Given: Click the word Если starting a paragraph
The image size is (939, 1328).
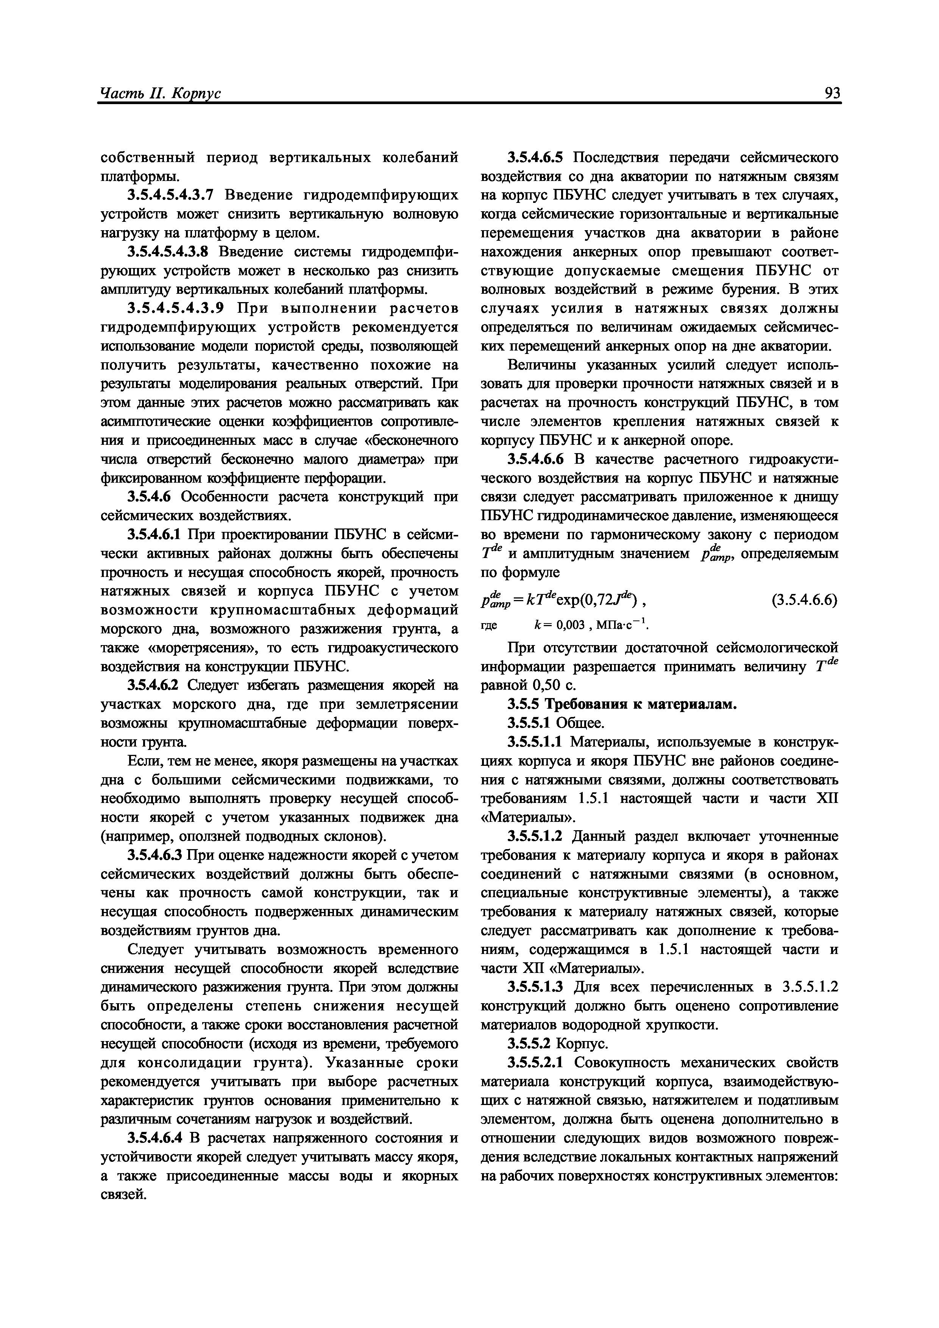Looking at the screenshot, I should pyautogui.click(x=140, y=761).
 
